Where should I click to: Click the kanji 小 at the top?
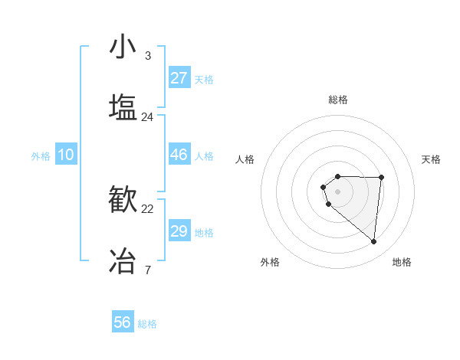(123, 47)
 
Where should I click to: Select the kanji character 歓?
(123, 199)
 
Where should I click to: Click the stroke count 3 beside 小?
(147, 56)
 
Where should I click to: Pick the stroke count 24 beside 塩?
(147, 117)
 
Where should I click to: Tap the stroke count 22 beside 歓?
(147, 209)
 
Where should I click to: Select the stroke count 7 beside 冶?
(147, 270)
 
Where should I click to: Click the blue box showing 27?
(179, 78)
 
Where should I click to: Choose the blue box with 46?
(179, 155)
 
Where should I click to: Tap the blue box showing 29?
(179, 231)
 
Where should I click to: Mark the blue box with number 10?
(66, 155)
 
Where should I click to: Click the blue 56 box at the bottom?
(123, 322)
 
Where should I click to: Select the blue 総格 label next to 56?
(147, 324)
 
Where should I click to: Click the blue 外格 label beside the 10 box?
(41, 156)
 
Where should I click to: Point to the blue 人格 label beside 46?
(204, 156)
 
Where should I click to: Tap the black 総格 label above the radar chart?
(338, 100)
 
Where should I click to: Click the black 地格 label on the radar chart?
(402, 262)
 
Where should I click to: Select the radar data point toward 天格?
(382, 178)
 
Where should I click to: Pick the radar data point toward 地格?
(373, 242)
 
